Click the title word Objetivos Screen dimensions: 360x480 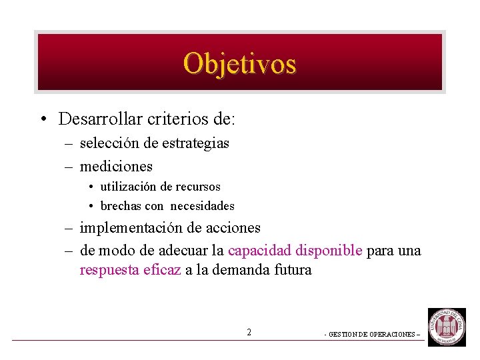pos(239,63)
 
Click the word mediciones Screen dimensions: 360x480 pos(116,166)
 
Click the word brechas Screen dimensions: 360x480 pos(121,206)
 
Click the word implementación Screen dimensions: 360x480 pos(131,228)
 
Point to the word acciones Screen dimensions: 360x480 pos(233,228)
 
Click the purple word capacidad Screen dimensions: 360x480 pos(256,251)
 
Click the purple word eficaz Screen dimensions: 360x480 pos(162,270)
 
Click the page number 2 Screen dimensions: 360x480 pos(249,332)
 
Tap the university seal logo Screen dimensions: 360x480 pos(447,327)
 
